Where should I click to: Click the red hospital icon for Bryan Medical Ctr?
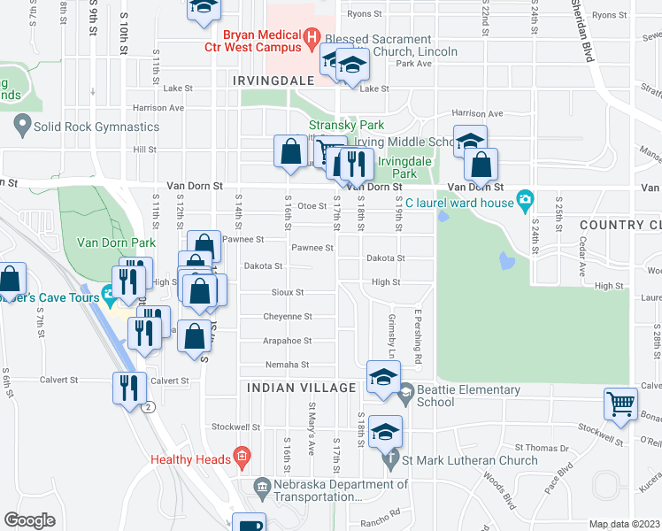pos(311,37)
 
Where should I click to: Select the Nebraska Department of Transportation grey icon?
pos(262,486)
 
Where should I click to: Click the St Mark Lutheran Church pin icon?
pos(390,460)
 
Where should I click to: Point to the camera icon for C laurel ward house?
pos(526,202)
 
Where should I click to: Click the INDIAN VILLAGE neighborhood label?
pos(302,388)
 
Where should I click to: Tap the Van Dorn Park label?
pos(116,242)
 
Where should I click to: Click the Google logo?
pos(30,520)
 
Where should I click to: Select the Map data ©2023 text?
pos(624,524)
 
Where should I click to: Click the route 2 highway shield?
pos(150,406)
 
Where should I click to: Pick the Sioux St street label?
pos(288,291)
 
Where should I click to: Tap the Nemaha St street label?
pos(287,364)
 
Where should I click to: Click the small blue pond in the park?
pos(504,260)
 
